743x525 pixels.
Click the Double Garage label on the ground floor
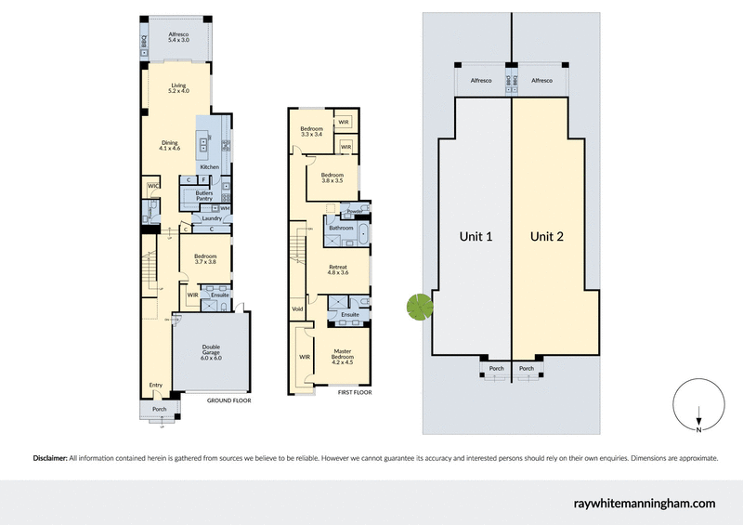211,352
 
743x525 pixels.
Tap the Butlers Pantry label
205,195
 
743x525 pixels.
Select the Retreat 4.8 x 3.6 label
337,270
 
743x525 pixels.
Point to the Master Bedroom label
343,354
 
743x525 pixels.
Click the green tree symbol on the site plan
420,306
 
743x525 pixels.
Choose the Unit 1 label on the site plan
476,237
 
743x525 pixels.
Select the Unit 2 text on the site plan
547,237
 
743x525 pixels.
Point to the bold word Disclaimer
51,458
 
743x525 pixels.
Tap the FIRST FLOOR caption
355,393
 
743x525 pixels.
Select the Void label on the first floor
297,308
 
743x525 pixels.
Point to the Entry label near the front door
155,385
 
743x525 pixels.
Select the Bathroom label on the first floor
341,228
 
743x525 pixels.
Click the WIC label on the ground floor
151,187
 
